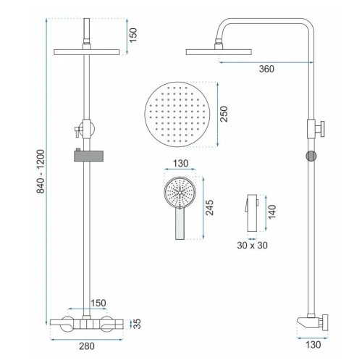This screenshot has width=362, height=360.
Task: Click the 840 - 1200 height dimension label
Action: click(x=41, y=172)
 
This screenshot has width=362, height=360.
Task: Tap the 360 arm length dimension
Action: click(x=266, y=69)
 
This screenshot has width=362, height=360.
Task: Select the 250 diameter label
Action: click(x=224, y=114)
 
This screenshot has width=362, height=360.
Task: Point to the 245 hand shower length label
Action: click(x=209, y=208)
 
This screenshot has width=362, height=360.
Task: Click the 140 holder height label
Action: click(x=272, y=212)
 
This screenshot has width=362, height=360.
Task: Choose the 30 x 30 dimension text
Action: click(x=252, y=246)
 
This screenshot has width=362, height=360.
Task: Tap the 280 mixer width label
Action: click(x=87, y=346)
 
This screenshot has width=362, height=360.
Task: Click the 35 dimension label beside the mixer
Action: click(x=137, y=324)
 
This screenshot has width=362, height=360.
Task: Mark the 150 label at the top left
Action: click(x=133, y=35)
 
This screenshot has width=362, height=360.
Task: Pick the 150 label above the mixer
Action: click(x=98, y=303)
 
